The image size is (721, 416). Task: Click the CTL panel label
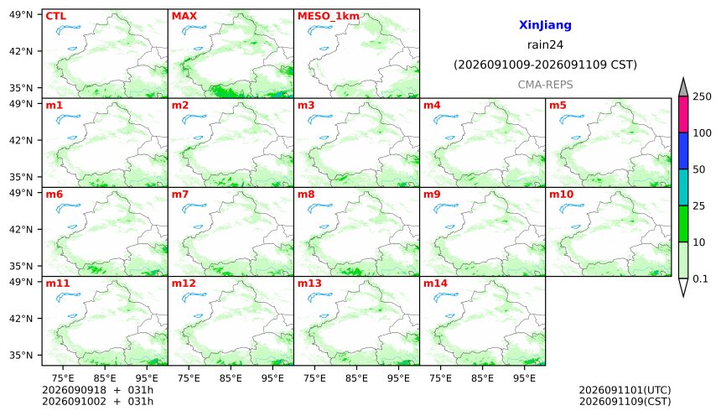click(55, 16)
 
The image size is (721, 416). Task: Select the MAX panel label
click(184, 16)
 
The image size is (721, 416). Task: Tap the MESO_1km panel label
click(328, 17)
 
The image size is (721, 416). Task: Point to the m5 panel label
click(558, 106)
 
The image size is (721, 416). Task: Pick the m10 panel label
click(561, 195)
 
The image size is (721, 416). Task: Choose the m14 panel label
click(435, 283)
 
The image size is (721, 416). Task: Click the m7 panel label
click(179, 195)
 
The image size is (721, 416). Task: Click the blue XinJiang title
click(545, 25)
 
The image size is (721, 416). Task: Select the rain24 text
click(545, 45)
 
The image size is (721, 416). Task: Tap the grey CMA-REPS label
click(545, 85)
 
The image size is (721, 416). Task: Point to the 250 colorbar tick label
click(703, 96)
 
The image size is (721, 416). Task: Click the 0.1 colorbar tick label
click(700, 278)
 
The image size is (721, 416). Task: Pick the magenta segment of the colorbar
click(683, 115)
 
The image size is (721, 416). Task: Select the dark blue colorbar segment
click(683, 151)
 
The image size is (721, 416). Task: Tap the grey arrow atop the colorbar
click(683, 88)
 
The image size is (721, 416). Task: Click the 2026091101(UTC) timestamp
click(625, 390)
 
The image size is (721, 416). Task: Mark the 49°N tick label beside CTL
click(21, 14)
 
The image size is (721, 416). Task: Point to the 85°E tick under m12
click(231, 378)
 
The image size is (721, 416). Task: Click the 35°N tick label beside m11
click(21, 356)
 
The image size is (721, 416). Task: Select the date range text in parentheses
click(545, 65)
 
